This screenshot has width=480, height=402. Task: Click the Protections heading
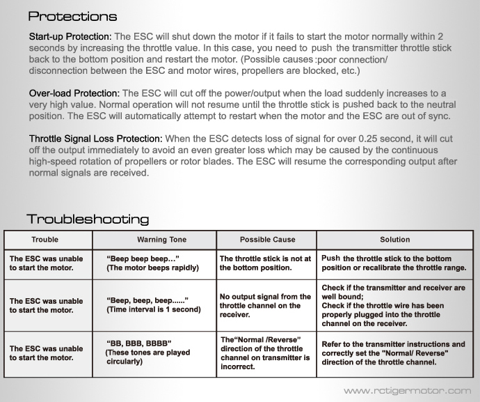[72, 16]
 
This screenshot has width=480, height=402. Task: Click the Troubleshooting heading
[88, 219]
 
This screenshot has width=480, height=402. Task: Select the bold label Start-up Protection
[70, 36]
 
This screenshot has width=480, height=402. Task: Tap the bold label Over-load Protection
[74, 93]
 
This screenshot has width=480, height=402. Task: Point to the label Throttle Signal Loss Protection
[96, 139]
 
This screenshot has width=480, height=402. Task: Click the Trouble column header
[45, 240]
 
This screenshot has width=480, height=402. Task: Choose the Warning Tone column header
[161, 240]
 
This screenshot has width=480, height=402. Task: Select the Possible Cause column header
[267, 240]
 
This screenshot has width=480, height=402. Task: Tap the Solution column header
[394, 240]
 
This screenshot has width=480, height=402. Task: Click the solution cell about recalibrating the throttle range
[394, 263]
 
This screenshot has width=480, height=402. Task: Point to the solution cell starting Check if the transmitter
[394, 305]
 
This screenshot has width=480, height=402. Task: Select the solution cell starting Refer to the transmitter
[394, 353]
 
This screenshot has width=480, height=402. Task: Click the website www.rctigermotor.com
[407, 391]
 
